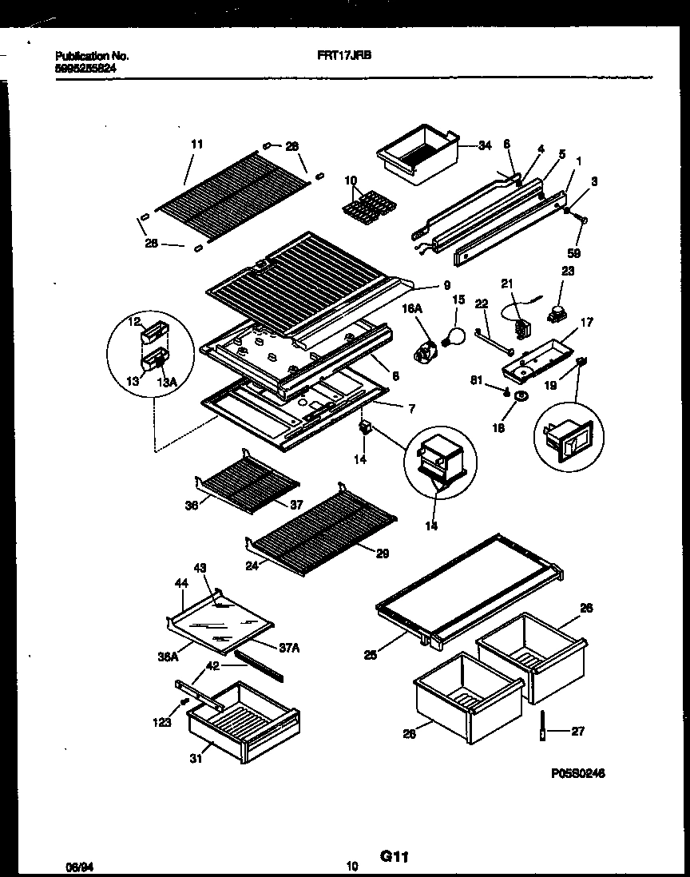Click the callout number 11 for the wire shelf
[197, 145]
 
